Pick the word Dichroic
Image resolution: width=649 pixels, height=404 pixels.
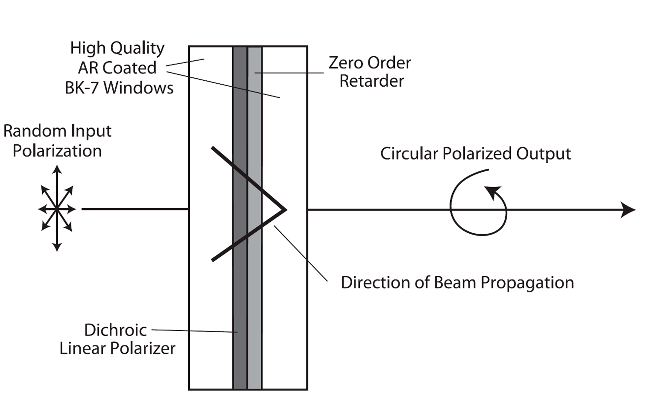pos(116,330)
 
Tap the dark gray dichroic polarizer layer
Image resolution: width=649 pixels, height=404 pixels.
pos(240,294)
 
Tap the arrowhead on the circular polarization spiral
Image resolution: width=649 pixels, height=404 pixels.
pos(492,191)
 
